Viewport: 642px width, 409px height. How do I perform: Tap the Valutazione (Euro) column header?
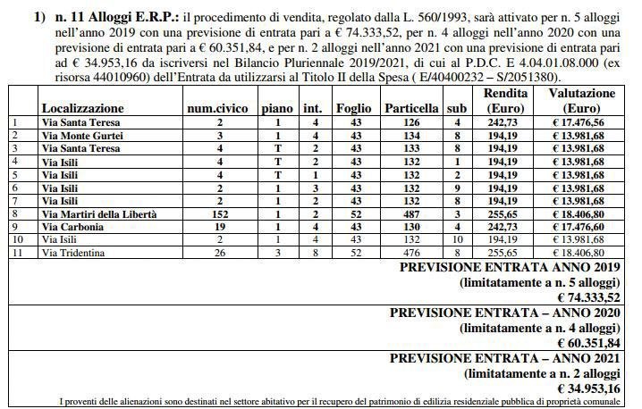click(581, 100)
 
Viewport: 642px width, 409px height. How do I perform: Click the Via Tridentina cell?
click(73, 255)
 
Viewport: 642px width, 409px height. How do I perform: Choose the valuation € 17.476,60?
click(581, 228)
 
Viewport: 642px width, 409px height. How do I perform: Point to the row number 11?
click(13, 255)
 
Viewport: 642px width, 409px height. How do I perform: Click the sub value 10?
click(457, 241)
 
